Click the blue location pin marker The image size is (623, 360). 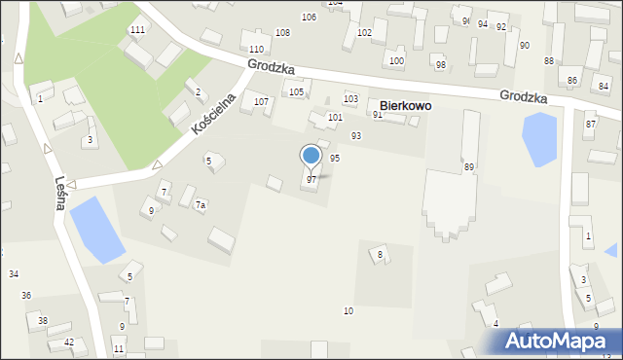(x=311, y=156)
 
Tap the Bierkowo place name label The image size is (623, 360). (x=405, y=105)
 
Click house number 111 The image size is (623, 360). (x=137, y=30)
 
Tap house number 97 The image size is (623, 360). (x=311, y=180)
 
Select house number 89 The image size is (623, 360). (x=469, y=168)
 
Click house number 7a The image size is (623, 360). (x=201, y=205)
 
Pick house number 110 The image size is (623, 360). (x=256, y=50)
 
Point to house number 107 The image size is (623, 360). (x=261, y=102)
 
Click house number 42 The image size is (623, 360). (x=68, y=342)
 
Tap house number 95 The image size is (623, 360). (x=335, y=158)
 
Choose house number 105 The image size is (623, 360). (x=296, y=92)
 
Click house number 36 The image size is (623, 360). (x=26, y=295)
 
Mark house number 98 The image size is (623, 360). (x=440, y=65)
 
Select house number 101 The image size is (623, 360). (x=335, y=118)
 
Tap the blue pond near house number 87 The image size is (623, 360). (x=540, y=138)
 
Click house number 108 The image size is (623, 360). (x=282, y=33)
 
